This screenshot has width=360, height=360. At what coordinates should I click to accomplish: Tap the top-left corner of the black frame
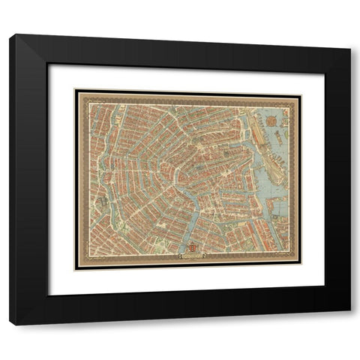click(x=10, y=35)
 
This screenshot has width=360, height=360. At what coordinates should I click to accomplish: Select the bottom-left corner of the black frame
click(x=10, y=324)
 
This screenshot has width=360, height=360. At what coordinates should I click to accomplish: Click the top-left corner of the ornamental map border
click(x=75, y=91)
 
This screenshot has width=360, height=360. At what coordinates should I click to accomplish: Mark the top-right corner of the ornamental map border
click(x=300, y=91)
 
